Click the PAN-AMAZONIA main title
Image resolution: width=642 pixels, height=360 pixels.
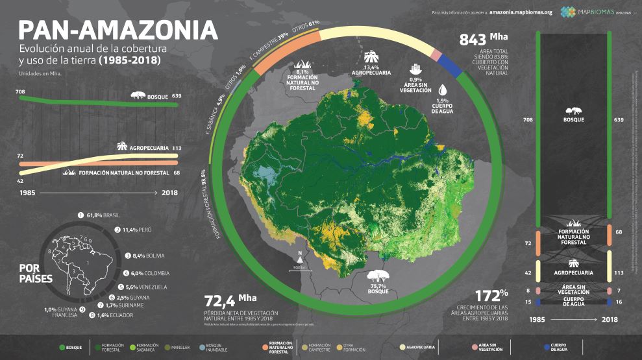pyautogui.click(x=117, y=30)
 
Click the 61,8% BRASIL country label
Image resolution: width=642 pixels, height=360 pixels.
pyautogui.click(x=103, y=215)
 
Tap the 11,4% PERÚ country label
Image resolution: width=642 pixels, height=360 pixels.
pyautogui.click(x=137, y=230)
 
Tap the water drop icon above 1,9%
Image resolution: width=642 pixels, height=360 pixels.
pyautogui.click(x=442, y=90)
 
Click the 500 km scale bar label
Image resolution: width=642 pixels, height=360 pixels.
pyautogui.click(x=299, y=267)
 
